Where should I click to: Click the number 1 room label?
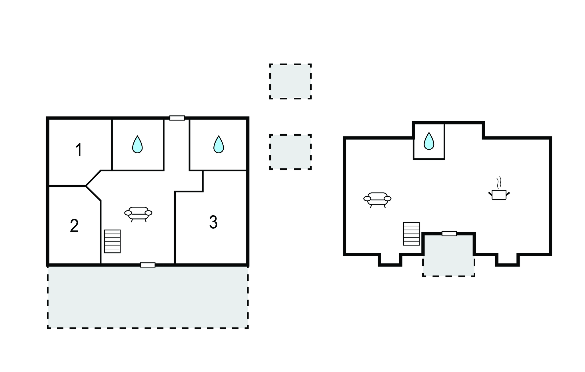79,150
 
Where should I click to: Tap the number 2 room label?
74,226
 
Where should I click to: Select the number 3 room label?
213,222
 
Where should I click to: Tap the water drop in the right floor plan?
429,141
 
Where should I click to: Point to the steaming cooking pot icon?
499,192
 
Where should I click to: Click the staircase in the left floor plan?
112,241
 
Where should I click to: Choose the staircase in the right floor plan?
411,234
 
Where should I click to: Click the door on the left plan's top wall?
177,118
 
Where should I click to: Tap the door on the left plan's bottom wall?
148,265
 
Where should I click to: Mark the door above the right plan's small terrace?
449,234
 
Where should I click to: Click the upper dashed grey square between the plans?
290,81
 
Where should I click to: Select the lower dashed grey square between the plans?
290,152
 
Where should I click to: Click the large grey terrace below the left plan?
148,297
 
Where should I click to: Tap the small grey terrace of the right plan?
448,257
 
